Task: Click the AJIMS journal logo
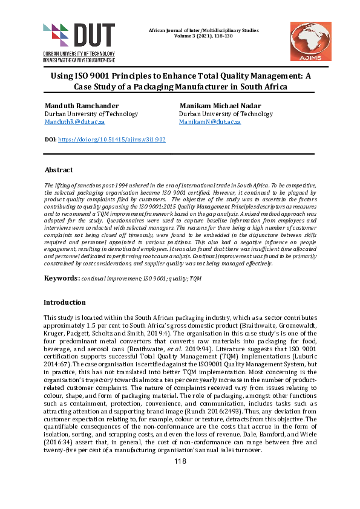point(310,41)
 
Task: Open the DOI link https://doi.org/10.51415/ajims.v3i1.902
point(111,139)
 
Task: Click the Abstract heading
point(59,170)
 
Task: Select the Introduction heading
point(65,302)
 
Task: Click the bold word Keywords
point(61,277)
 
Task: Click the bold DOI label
point(51,139)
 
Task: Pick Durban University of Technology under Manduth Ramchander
point(91,114)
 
